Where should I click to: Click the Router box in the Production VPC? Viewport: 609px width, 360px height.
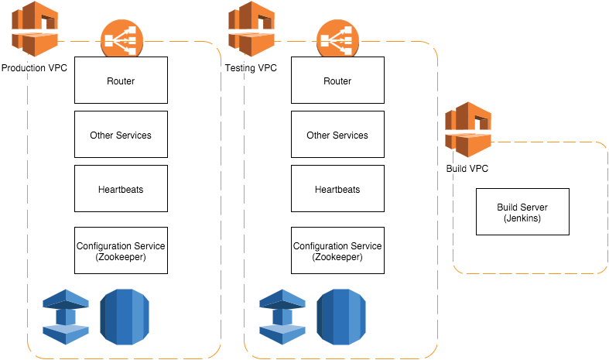121,81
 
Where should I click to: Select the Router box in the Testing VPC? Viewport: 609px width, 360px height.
337,81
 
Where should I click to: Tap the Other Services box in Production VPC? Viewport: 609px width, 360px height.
121,135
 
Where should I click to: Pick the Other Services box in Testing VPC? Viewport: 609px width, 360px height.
337,135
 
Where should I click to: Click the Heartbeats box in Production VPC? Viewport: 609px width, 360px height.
121,189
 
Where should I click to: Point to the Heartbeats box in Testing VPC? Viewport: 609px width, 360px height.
337,189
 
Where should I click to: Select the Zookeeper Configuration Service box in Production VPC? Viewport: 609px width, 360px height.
121,250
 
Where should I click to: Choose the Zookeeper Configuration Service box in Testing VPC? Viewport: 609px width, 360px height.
337,250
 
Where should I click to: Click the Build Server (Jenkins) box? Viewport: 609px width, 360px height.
522,212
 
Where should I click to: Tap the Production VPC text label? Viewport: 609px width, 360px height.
34,68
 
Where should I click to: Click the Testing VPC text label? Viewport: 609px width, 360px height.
251,68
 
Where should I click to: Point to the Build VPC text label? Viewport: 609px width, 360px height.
467,169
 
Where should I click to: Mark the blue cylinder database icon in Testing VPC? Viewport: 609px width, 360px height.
339,316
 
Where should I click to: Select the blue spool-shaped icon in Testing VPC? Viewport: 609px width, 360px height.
282,316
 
